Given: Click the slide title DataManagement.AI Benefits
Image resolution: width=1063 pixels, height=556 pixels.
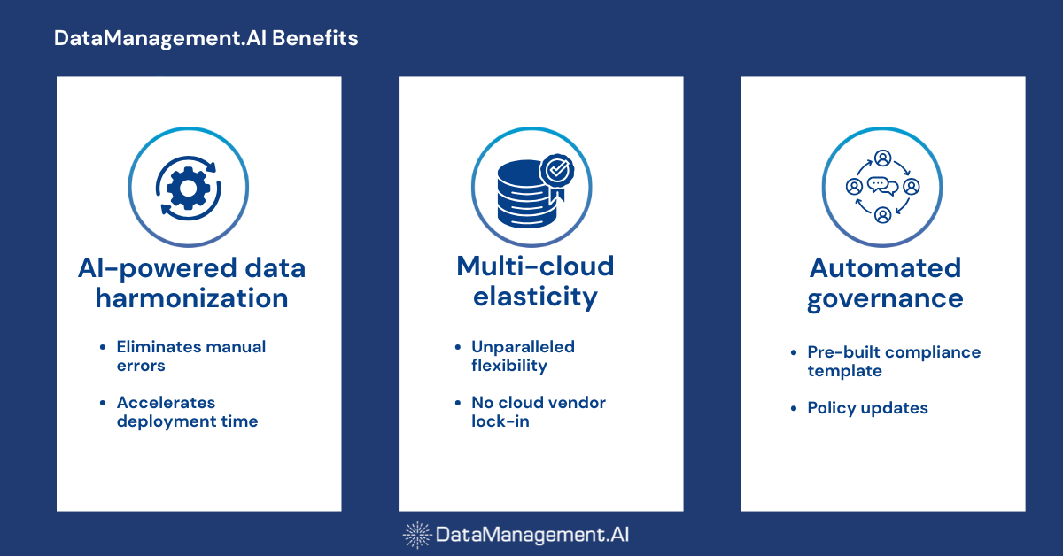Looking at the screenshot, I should (206, 39).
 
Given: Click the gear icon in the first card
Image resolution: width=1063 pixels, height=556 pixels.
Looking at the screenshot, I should (188, 187).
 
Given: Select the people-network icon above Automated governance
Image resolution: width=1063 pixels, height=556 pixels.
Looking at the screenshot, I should (882, 187).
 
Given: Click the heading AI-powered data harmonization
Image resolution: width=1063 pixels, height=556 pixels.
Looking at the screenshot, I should (191, 282).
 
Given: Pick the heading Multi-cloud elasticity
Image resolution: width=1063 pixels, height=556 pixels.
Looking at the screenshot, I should (535, 281).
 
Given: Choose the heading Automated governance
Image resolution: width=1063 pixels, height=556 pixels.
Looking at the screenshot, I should (884, 282).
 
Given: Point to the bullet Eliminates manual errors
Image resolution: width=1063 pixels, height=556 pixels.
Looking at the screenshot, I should (190, 355).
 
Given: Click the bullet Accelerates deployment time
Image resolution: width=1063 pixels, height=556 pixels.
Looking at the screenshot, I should (187, 412).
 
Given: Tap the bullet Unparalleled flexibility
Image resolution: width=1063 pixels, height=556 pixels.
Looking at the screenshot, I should (523, 355).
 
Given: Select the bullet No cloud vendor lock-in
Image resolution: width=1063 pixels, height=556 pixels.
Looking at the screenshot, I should (538, 412).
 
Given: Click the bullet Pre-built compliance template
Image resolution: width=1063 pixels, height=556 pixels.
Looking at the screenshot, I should (893, 361).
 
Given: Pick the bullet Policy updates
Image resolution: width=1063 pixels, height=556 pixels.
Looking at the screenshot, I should (867, 408).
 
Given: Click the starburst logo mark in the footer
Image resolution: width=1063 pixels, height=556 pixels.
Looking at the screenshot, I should (417, 534).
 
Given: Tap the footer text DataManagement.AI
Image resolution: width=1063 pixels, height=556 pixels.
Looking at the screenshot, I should (532, 534).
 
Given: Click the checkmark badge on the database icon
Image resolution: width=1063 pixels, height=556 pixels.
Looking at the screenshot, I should (557, 168).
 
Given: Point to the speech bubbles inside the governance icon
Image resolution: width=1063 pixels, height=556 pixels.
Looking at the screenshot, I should (882, 186).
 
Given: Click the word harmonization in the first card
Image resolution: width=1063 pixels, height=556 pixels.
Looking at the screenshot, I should (191, 298).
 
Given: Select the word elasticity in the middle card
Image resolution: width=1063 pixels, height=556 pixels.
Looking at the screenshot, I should (535, 297).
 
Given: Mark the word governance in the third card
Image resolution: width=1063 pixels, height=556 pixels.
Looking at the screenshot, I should (884, 298).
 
